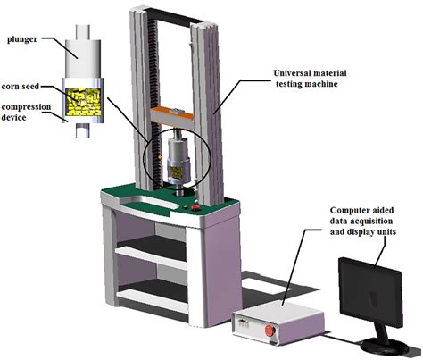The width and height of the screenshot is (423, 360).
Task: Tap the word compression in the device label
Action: pyautogui.click(x=29, y=107)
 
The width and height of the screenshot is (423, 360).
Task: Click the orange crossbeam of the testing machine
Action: pyautogui.click(x=174, y=112)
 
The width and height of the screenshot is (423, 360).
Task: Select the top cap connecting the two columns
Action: pyautogui.click(x=170, y=10)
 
